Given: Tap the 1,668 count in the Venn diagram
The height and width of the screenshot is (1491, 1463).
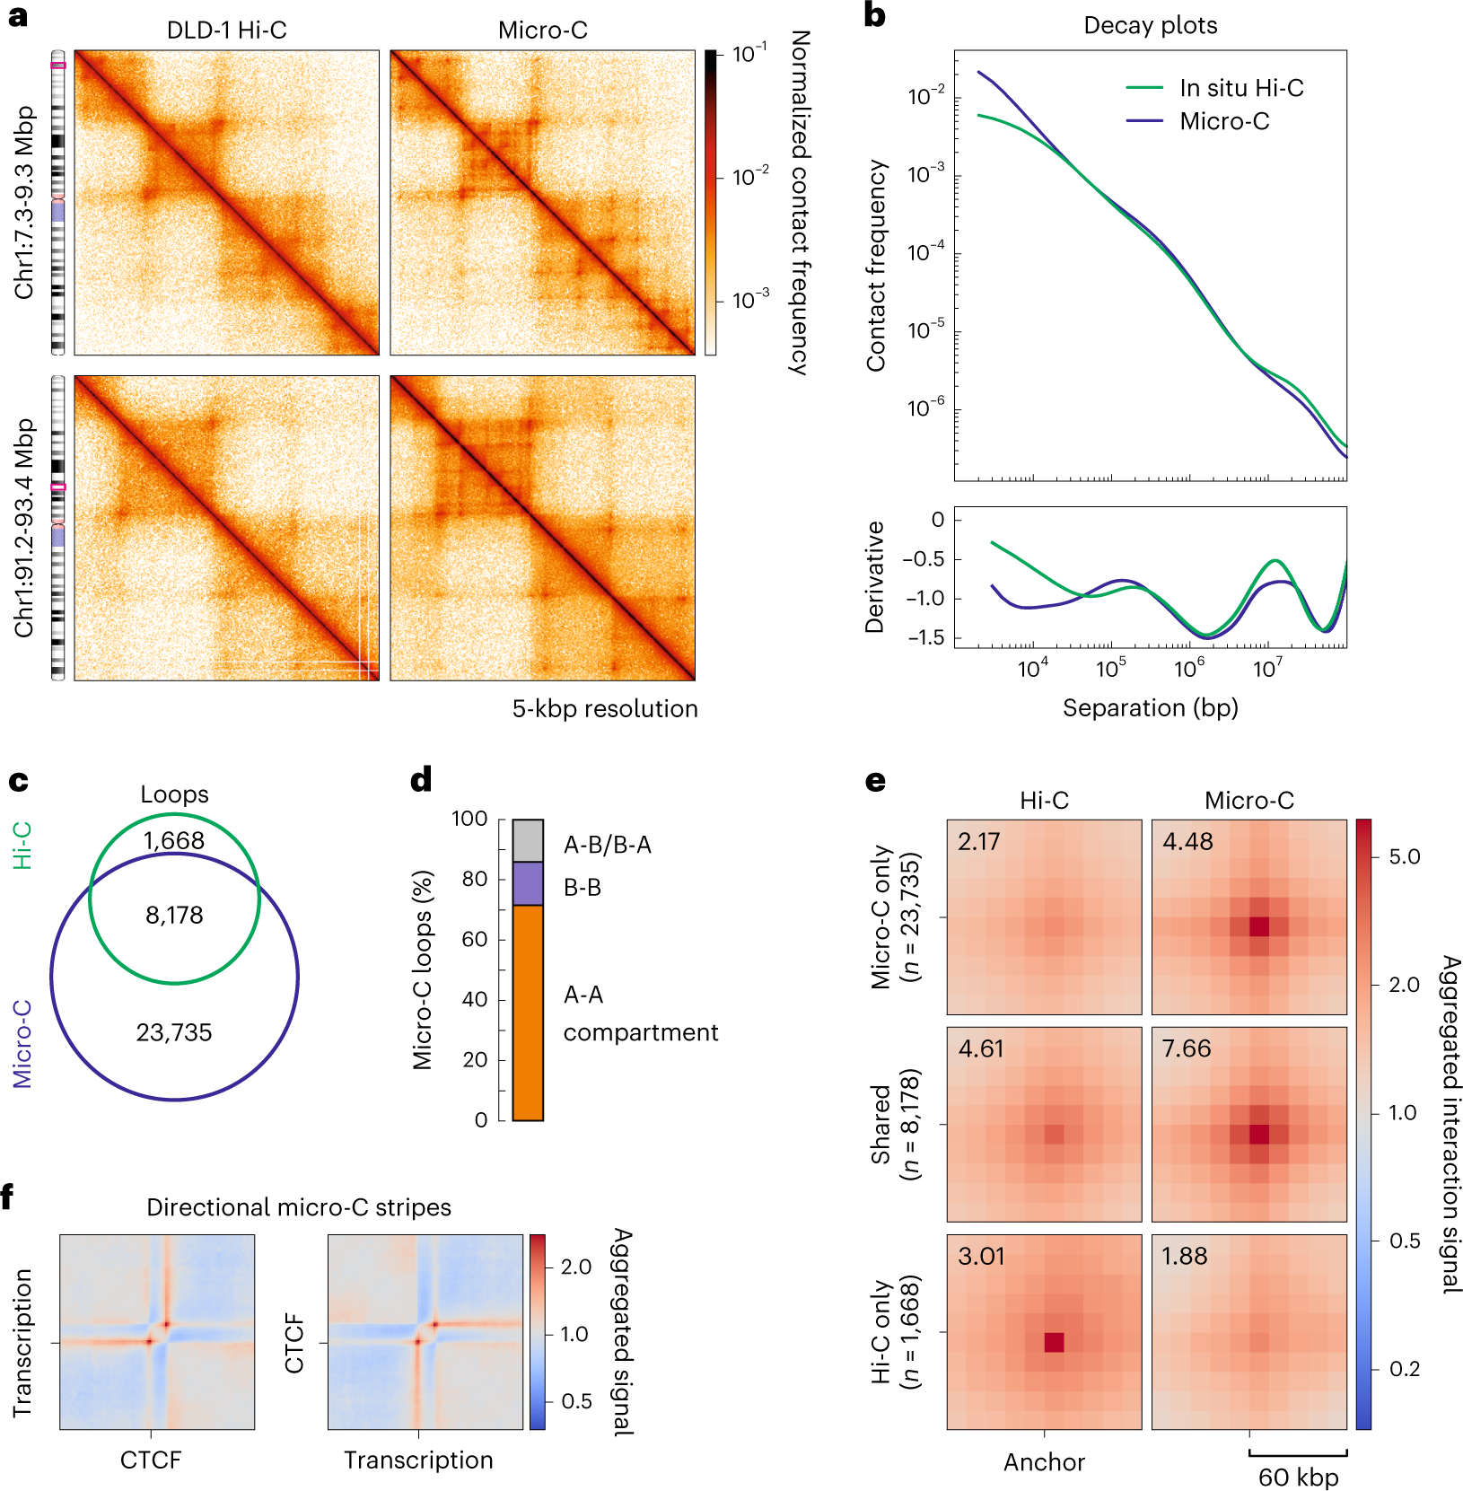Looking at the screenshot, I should click(174, 840).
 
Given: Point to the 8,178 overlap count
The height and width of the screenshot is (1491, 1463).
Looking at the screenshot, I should click(174, 915).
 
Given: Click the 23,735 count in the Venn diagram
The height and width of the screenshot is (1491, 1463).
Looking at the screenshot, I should click(174, 1032).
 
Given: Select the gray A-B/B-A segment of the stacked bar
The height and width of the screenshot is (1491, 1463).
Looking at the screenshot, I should click(528, 840).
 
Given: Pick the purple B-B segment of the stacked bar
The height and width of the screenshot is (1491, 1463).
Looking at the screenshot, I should click(528, 883).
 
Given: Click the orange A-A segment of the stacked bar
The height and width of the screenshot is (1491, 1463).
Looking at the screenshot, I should click(528, 1013).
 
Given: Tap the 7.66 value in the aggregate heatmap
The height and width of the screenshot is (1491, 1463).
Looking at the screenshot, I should click(1187, 1048).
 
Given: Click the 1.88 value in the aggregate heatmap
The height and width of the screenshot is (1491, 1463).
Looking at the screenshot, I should click(1184, 1256).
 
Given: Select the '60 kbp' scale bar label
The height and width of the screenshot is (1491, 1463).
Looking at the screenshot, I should click(1298, 1477).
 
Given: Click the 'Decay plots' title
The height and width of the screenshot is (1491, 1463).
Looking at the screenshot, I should click(1150, 25).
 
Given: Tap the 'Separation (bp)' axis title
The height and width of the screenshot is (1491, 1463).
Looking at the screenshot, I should click(1150, 708).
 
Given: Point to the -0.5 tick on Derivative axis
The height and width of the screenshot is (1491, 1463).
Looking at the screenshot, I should click(924, 559).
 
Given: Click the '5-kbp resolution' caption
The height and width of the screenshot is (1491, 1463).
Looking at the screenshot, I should click(605, 709).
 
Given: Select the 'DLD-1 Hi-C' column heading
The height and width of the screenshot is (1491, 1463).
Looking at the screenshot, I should click(226, 31).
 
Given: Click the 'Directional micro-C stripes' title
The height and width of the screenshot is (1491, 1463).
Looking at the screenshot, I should click(298, 1207).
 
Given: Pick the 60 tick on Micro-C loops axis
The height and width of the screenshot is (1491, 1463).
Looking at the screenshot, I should click(475, 939).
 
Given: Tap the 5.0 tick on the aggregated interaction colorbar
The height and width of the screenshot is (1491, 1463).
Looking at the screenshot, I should click(1404, 856).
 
